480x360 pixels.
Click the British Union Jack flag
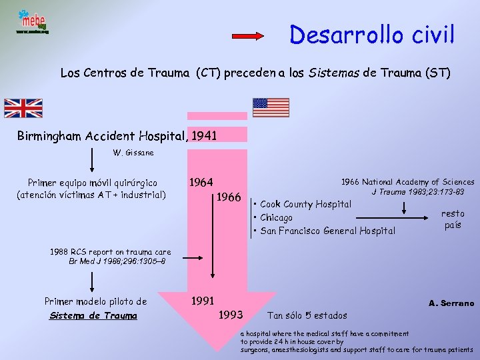(23, 108)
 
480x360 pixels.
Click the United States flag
(271, 107)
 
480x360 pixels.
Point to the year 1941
(204, 136)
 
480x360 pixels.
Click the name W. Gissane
(133, 153)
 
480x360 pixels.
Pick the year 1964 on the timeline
(201, 182)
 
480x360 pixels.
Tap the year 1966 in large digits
(228, 197)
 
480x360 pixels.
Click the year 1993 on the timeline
(230, 314)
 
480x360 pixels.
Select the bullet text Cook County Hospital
(305, 204)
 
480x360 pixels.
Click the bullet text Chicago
(275, 217)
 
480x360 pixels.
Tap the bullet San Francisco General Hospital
(327, 231)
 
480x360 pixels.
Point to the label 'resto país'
(453, 219)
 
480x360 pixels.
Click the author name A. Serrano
(451, 303)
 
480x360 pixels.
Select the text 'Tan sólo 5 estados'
(307, 315)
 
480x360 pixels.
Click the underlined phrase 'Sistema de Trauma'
(93, 315)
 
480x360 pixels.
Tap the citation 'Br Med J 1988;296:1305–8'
(117, 261)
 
